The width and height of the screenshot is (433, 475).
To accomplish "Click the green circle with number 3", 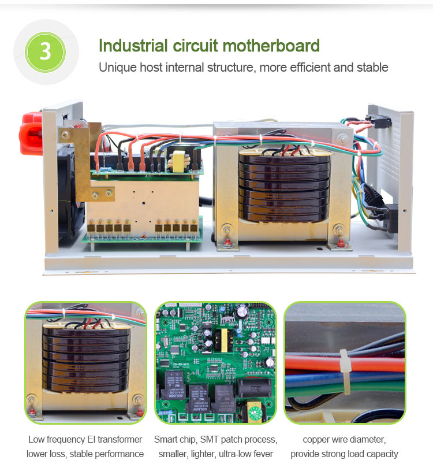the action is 46,52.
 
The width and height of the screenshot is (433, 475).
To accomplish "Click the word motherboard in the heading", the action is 271,46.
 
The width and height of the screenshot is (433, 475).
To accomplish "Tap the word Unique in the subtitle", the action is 118,68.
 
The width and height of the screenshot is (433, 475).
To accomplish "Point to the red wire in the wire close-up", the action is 345,365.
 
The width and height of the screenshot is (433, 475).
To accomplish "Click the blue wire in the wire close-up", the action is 345,379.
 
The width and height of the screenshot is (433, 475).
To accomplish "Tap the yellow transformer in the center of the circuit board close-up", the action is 225,340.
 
